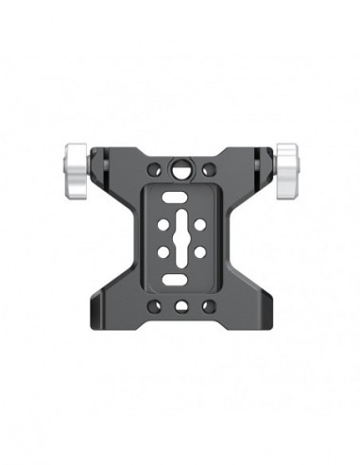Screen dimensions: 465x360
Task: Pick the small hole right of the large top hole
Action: pos(208,170)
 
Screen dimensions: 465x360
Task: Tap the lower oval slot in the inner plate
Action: pos(180,281)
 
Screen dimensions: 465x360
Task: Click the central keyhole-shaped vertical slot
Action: pos(180,237)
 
